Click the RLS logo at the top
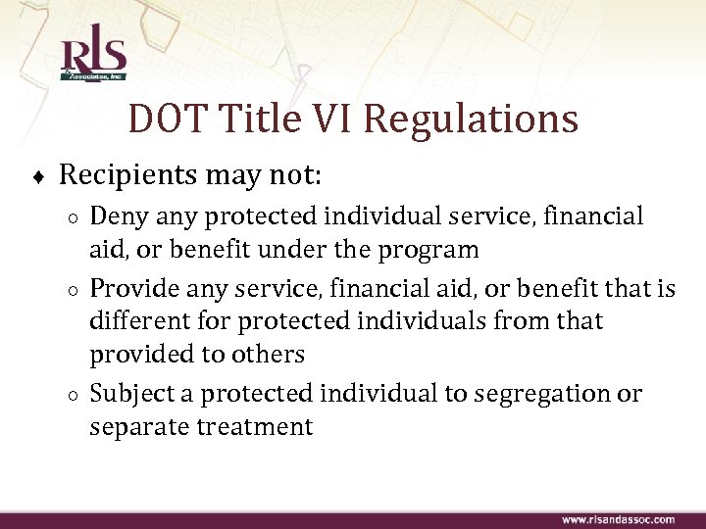[93, 58]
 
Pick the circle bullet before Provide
[75, 290]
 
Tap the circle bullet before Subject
[75, 396]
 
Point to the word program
[429, 251]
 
